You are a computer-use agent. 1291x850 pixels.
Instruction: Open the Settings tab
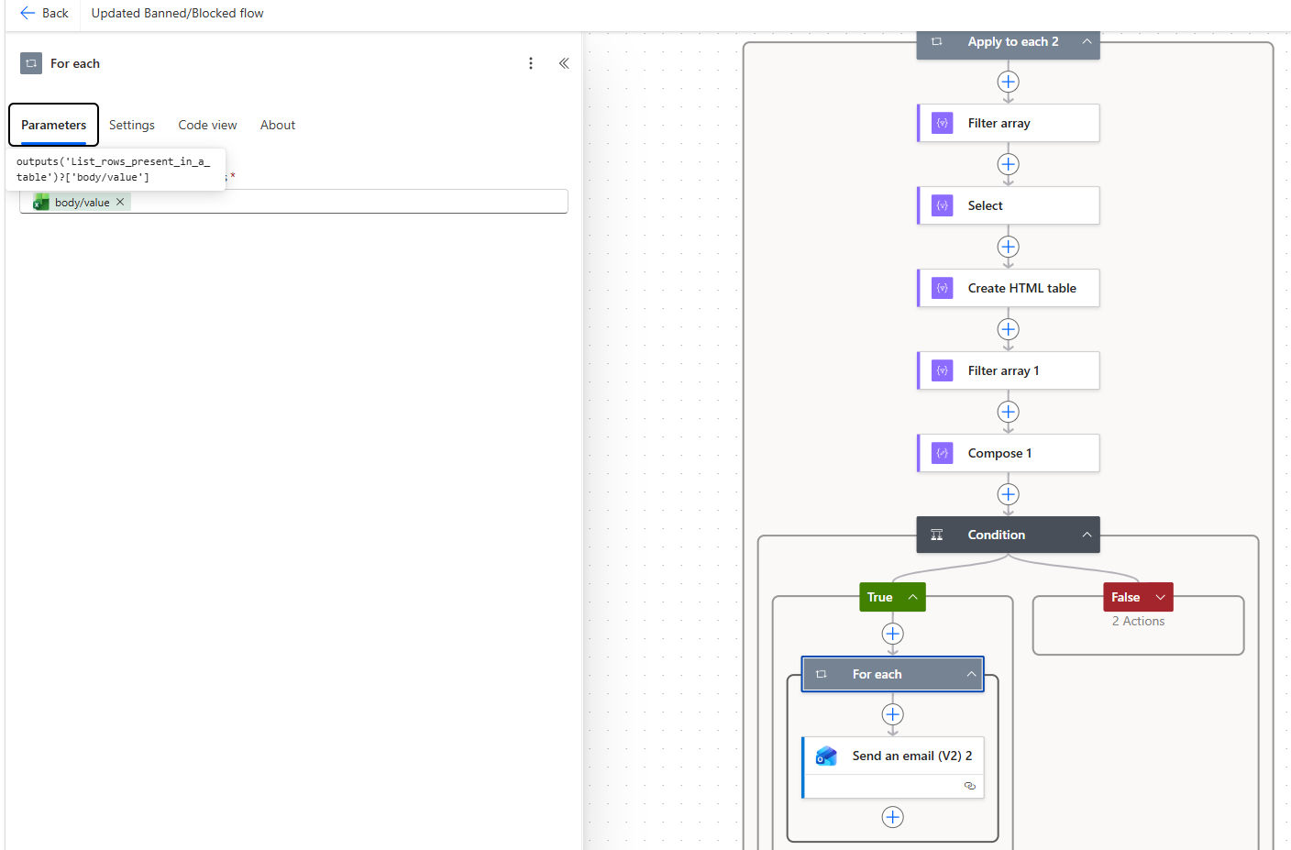click(x=131, y=125)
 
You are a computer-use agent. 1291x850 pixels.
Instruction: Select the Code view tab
click(x=207, y=125)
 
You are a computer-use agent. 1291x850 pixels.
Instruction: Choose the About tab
click(x=277, y=125)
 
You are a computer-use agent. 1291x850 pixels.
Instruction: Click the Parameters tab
click(x=53, y=125)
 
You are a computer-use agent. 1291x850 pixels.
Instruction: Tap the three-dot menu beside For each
click(x=531, y=63)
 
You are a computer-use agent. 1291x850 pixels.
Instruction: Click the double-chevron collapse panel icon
click(x=564, y=63)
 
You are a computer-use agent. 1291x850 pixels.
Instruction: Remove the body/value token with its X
click(x=120, y=202)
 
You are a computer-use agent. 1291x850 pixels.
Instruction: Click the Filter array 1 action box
click(x=1008, y=370)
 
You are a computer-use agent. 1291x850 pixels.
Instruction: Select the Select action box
click(x=1008, y=205)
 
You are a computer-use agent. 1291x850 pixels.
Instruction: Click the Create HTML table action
click(x=1008, y=288)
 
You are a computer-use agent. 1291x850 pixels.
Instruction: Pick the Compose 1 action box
click(x=1008, y=453)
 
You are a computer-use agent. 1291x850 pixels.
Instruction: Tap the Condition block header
click(x=1008, y=535)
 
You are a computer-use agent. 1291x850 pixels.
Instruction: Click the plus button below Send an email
click(x=893, y=817)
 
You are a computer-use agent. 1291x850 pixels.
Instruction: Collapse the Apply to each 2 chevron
click(x=1087, y=41)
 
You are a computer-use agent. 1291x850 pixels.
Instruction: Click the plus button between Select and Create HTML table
click(x=1008, y=248)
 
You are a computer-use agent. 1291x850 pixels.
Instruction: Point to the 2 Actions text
click(x=1138, y=621)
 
